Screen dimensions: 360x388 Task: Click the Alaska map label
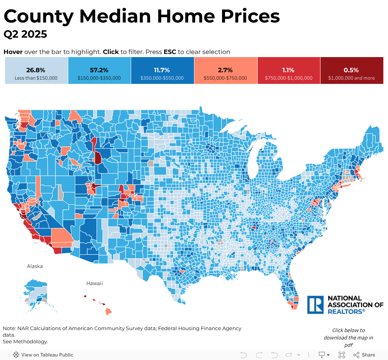(35, 266)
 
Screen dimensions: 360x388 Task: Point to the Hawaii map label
(95, 283)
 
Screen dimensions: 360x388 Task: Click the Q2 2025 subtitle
(25, 34)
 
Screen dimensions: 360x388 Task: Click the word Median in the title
(116, 16)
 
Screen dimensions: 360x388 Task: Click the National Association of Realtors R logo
(315, 305)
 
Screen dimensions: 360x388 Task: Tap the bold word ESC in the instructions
(170, 52)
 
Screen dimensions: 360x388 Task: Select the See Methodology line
(25, 342)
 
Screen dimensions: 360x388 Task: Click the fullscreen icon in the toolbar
(342, 355)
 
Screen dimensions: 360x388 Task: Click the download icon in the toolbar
(322, 355)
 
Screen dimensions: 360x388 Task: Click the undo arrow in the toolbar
(244, 355)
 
